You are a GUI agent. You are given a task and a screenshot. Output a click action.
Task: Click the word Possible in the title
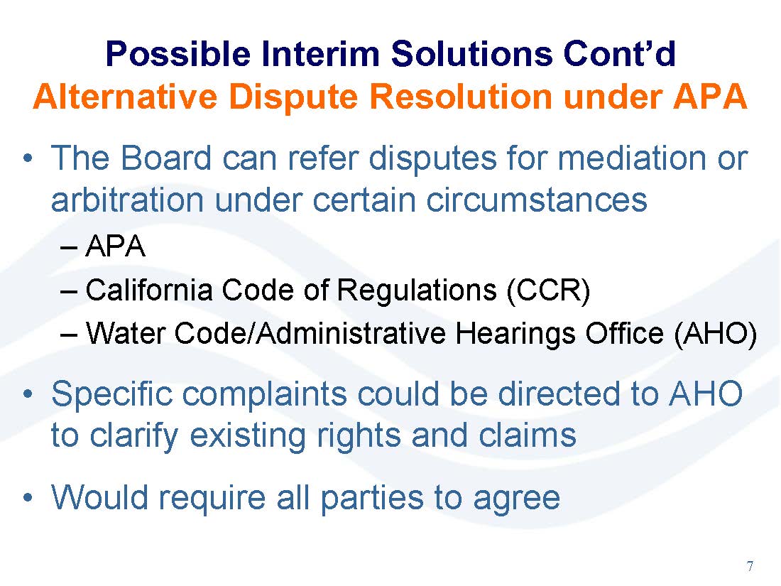178,54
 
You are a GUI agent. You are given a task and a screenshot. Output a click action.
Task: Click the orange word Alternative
125,96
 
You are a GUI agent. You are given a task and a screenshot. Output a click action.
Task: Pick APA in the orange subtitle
710,96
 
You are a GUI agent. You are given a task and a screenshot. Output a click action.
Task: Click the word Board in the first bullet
166,158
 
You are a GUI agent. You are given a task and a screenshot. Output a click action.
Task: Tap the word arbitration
128,200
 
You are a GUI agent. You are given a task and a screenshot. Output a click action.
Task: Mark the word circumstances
537,200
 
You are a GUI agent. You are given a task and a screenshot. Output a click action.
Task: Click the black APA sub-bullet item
115,246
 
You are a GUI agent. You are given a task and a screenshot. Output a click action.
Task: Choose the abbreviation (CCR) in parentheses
548,290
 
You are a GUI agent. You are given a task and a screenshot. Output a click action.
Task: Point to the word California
149,290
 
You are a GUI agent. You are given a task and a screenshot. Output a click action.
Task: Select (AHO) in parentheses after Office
715,333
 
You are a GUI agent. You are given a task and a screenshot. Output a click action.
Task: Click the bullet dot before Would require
29,497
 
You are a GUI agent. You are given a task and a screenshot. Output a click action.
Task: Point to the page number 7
750,566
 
